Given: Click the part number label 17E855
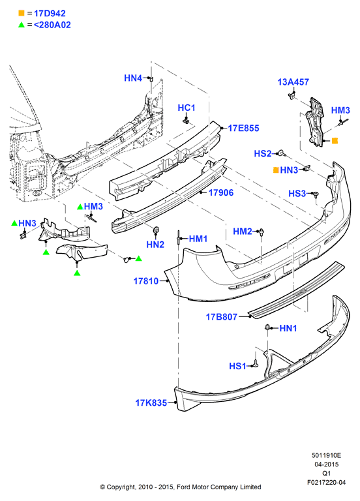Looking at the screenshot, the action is pos(243,128).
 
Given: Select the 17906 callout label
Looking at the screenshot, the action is pos(221,192).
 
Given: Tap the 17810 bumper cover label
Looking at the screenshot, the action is pos(146,281).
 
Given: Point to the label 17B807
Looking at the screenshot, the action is pos(222,316).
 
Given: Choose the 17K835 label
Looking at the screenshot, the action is pos(151,402).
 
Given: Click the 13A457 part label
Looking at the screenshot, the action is pos(293,82).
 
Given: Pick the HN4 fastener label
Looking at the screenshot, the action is pos(133,78).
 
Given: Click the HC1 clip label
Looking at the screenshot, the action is pos(187,108).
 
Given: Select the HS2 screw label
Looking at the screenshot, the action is pos(263,154).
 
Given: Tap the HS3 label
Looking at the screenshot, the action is pos(297,193).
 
